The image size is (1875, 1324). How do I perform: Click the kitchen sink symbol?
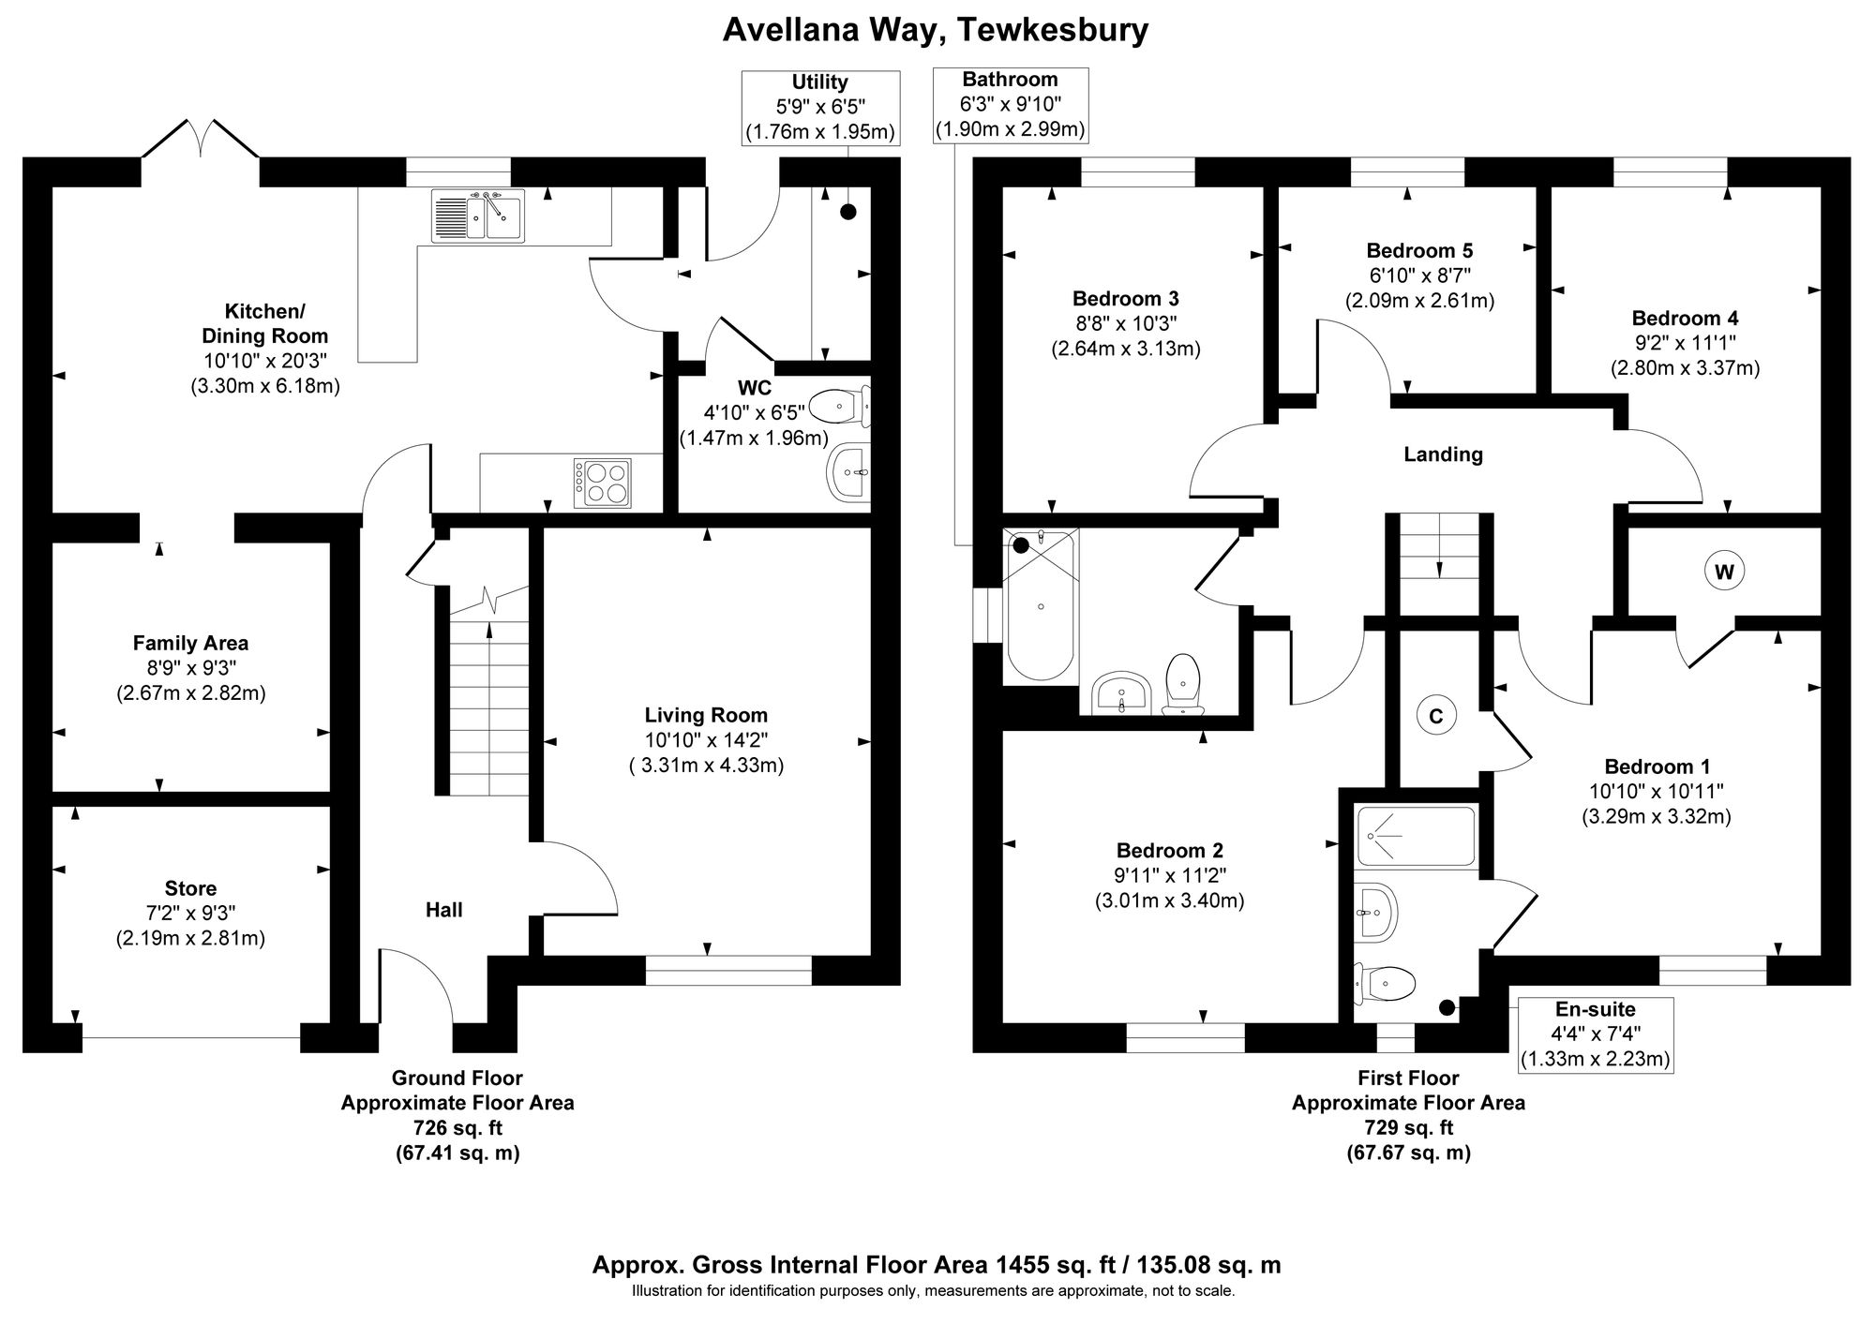click(x=478, y=216)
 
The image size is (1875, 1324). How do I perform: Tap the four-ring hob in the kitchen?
click(x=602, y=483)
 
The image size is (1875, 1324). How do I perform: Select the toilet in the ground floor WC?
click(x=836, y=407)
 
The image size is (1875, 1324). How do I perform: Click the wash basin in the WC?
click(x=849, y=472)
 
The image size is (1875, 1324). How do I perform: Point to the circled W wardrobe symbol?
click(x=1724, y=572)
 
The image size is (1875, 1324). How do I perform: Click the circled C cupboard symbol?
click(x=1434, y=717)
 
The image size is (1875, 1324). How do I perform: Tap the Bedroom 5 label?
click(x=1419, y=250)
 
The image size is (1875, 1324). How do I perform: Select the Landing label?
click(x=1443, y=454)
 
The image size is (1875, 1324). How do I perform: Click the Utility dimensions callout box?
click(x=820, y=108)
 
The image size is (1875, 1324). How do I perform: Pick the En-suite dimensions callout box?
click(x=1595, y=1034)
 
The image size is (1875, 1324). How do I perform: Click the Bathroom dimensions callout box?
click(x=1011, y=105)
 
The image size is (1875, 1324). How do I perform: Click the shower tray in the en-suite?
click(x=1416, y=836)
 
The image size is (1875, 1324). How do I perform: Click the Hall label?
click(x=443, y=910)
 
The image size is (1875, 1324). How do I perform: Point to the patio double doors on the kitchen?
click(x=200, y=141)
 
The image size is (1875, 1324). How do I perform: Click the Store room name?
click(x=190, y=888)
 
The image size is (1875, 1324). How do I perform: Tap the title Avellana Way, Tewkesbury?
click(x=935, y=30)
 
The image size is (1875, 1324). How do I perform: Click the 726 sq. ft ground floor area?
click(x=457, y=1127)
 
